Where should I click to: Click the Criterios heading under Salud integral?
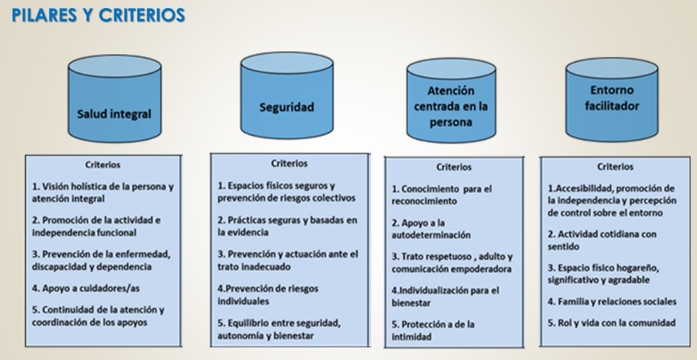coord(103,165)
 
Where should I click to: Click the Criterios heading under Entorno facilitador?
coord(615,167)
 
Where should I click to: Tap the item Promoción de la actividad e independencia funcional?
coord(97,226)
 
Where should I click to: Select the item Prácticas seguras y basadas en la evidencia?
coord(287,226)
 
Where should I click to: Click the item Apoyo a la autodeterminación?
coord(431,229)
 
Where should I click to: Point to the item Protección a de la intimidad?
coord(433,330)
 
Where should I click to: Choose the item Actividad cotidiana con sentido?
coord(600,240)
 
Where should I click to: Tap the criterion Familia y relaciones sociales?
coord(612,302)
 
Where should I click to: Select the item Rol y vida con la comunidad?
coord(611,322)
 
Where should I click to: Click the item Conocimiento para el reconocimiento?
coord(441,195)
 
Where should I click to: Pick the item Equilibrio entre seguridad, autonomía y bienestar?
coord(279,329)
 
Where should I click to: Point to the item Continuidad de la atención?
coord(98,316)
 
